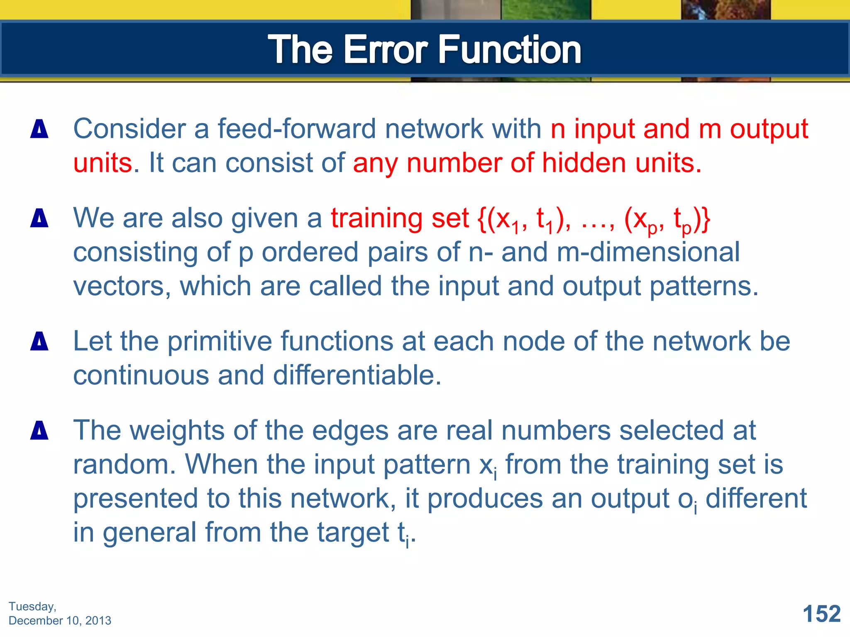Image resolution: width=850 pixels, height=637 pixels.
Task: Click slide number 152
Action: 821,614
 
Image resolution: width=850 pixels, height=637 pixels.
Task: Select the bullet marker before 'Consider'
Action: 39,129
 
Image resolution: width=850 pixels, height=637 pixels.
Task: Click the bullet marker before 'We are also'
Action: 39,218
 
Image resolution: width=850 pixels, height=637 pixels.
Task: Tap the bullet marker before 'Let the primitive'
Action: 39,342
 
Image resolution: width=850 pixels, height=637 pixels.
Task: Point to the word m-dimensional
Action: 648,252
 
